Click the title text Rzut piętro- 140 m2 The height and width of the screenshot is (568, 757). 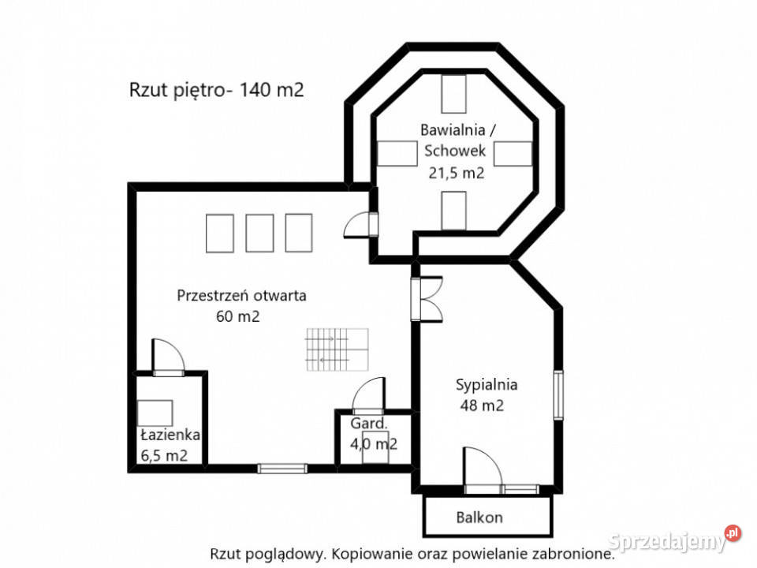(217, 90)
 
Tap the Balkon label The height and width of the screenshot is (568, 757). (479, 518)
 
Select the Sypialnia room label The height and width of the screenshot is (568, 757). (487, 385)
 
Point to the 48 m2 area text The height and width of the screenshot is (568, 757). (482, 406)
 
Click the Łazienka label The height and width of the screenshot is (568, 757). (170, 435)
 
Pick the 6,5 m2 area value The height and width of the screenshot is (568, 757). (164, 454)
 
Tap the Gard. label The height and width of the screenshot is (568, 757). (369, 424)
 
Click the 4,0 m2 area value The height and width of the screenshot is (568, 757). (373, 443)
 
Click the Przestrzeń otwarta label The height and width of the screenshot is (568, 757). (241, 296)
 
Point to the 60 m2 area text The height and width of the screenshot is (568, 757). (237, 316)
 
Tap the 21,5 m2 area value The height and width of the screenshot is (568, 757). (456, 173)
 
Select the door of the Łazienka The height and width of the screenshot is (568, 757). (168, 356)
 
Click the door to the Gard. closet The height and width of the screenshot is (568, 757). (368, 394)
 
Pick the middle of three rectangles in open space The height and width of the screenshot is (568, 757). (259, 233)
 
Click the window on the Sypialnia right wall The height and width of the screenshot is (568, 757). (558, 394)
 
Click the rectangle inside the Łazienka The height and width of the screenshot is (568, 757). (155, 413)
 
